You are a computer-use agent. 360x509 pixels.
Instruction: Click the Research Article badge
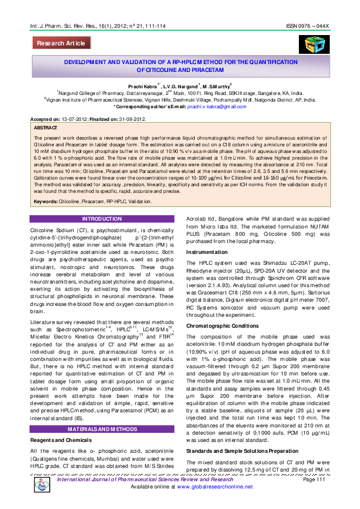point(61,44)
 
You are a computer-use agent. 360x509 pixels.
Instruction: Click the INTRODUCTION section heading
point(102,218)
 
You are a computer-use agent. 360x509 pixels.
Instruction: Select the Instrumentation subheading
point(207,251)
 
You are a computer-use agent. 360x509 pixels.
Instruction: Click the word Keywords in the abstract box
point(46,201)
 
